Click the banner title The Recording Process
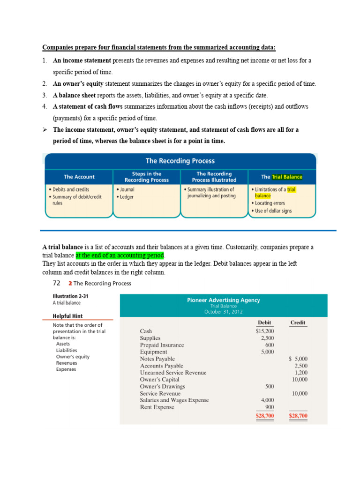click(180, 161)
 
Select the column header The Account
click(79, 177)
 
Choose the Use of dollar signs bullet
click(273, 211)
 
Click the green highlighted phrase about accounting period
click(120, 255)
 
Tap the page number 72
click(56, 284)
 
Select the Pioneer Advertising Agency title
click(223, 300)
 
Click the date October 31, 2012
click(223, 312)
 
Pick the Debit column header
click(264, 322)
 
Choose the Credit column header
click(298, 322)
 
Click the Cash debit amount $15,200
click(265, 331)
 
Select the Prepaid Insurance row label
click(162, 345)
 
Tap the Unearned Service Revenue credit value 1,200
click(300, 373)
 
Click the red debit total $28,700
click(265, 416)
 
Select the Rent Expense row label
click(157, 407)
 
